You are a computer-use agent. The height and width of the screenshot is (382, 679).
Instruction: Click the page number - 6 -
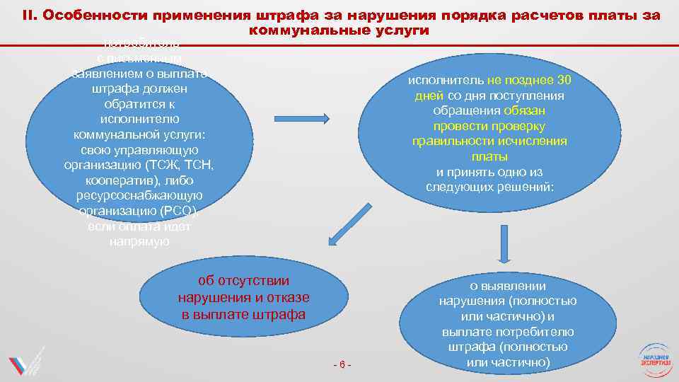342,364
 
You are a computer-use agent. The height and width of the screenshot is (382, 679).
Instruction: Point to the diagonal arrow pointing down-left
345,231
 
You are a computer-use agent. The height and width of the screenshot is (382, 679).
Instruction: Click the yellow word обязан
524,111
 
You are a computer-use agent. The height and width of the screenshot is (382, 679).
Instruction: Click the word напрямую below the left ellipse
139,242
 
